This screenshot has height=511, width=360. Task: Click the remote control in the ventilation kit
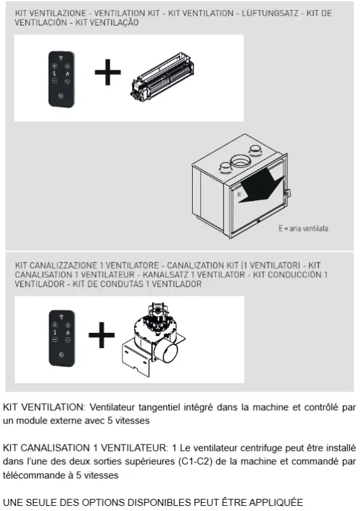[63, 77]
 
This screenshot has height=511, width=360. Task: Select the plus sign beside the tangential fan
[107, 75]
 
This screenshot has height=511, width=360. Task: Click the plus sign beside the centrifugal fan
[101, 336]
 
